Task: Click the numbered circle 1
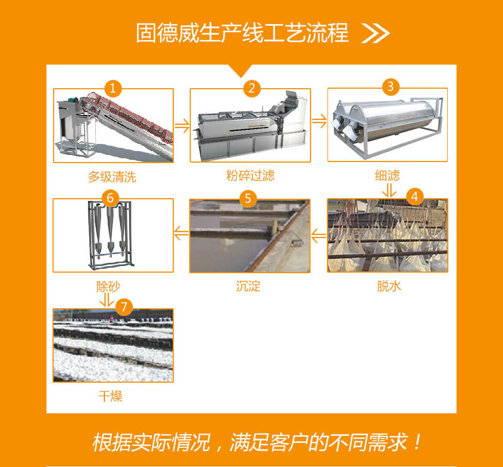coord(113,88)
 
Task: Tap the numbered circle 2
coord(251,88)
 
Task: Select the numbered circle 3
coord(390,87)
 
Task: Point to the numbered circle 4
coord(414,197)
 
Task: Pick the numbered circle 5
coord(248,199)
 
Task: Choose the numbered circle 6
coord(110,198)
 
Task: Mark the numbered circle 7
coord(124,307)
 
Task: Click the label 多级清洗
coord(112,177)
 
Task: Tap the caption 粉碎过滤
coord(250,175)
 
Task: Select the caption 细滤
coord(387,175)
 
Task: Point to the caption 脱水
coord(389,286)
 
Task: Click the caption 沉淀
coord(248,286)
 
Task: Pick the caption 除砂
coord(108,286)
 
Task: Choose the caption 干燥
coord(110,396)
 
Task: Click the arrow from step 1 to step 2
coord(182,125)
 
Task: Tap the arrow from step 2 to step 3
coord(319,121)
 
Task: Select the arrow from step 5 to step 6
coord(182,233)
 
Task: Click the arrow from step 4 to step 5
coord(319,236)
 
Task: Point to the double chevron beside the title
coord(375,33)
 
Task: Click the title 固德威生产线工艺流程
coord(242,33)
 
